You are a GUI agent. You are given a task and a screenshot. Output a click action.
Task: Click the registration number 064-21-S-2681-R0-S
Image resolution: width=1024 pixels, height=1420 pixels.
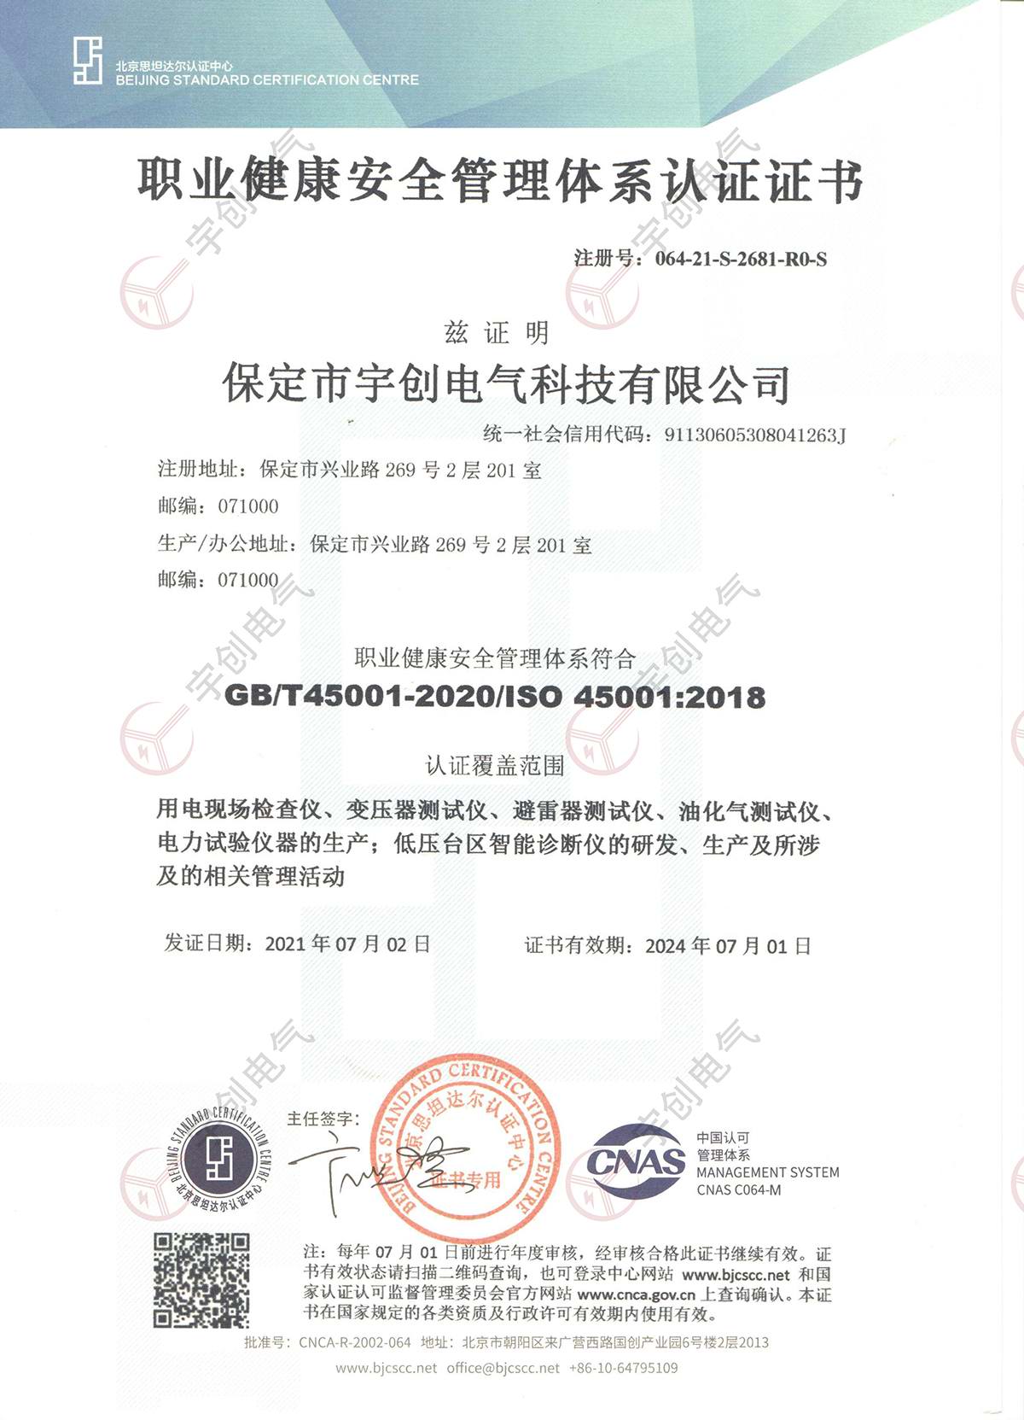[x=741, y=260]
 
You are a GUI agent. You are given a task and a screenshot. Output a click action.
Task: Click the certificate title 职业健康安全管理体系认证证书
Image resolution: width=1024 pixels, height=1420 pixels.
[x=500, y=182]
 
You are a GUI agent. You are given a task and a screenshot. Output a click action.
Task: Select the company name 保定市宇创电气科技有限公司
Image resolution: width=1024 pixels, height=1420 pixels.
[x=506, y=384]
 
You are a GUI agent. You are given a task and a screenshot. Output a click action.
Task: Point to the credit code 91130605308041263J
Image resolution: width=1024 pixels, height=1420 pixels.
[x=755, y=435]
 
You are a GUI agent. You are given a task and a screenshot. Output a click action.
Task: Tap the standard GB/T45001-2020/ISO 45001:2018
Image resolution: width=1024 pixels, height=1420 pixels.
[x=495, y=697]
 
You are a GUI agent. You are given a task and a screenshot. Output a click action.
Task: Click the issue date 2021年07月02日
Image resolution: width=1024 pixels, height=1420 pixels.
[x=347, y=944]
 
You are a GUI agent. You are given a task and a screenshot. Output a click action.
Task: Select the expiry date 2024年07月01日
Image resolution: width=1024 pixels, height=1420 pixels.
[x=728, y=946]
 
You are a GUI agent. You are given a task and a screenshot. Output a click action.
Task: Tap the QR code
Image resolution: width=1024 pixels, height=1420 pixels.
[x=201, y=1280]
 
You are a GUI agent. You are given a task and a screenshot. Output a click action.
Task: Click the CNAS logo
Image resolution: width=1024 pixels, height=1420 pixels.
[x=636, y=1161]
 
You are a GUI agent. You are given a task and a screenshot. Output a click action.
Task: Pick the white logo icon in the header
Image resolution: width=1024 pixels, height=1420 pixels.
[x=87, y=61]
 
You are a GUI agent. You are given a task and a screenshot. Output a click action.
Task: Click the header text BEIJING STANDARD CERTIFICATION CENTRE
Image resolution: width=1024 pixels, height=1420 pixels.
[x=267, y=80]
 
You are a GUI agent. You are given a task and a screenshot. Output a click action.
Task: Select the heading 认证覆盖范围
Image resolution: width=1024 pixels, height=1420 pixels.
[x=495, y=766]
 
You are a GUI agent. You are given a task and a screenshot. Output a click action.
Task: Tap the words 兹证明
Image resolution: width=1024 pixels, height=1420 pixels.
[x=496, y=333]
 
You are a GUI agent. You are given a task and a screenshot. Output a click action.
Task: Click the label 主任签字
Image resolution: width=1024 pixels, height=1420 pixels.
[x=323, y=1119]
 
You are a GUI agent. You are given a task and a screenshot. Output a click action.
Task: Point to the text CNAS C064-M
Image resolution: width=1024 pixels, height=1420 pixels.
[x=738, y=1190]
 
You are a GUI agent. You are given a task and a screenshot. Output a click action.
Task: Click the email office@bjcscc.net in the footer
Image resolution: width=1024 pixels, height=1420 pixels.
[x=503, y=1368]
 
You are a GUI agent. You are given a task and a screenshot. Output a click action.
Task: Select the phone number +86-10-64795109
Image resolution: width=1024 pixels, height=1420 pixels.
[x=623, y=1368]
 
